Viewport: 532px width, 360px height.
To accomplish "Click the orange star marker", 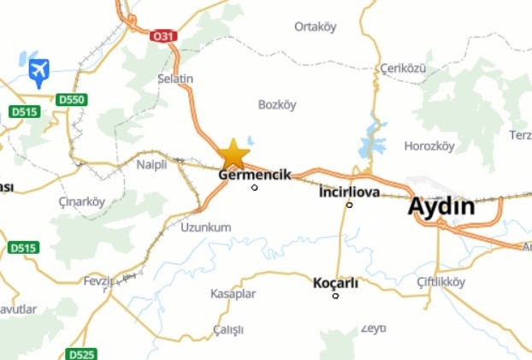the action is tap(233, 154).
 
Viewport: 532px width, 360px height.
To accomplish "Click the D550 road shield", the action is tap(74, 100).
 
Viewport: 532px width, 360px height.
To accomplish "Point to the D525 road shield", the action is tap(81, 353).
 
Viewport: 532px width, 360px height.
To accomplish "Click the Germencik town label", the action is tap(255, 174).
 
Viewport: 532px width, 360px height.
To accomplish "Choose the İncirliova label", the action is tap(349, 192).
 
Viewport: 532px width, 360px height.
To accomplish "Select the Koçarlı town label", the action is tap(335, 282).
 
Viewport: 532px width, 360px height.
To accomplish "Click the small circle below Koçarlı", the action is tap(335, 296).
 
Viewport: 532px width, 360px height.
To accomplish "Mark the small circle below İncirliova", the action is tap(349, 204).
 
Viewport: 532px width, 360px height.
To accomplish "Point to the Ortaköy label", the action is tap(315, 27).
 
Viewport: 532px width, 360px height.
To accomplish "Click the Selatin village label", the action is tap(175, 79).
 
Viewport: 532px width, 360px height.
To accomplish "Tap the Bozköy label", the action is tap(277, 104).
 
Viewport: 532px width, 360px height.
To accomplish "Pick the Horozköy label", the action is tap(429, 145).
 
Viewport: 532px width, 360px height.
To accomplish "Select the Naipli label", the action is tap(151, 165).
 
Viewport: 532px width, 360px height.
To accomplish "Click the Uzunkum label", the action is tap(206, 227).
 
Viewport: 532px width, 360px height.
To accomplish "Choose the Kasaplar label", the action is tap(233, 293).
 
